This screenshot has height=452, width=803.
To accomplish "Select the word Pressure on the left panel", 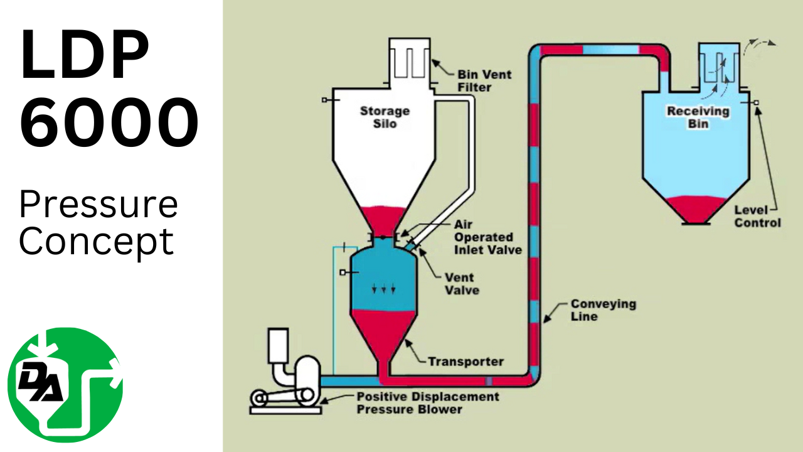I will tap(98, 204).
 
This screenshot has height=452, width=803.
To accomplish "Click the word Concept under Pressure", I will tap(96, 242).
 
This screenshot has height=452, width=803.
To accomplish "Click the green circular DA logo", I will tap(65, 385).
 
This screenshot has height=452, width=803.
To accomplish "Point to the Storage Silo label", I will tap(385, 117).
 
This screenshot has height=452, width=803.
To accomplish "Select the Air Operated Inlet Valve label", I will tap(483, 237).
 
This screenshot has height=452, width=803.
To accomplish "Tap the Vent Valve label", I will tap(462, 284).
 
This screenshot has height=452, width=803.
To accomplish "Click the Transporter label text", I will tap(465, 362).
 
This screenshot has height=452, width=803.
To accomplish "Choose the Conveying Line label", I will tap(593, 310).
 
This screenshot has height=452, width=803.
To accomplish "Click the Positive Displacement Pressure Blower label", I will tap(427, 403).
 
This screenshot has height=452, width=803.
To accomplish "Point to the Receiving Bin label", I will tap(698, 117).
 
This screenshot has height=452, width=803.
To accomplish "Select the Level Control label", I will tap(757, 217).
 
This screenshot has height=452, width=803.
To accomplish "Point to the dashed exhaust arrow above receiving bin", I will tap(759, 45).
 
